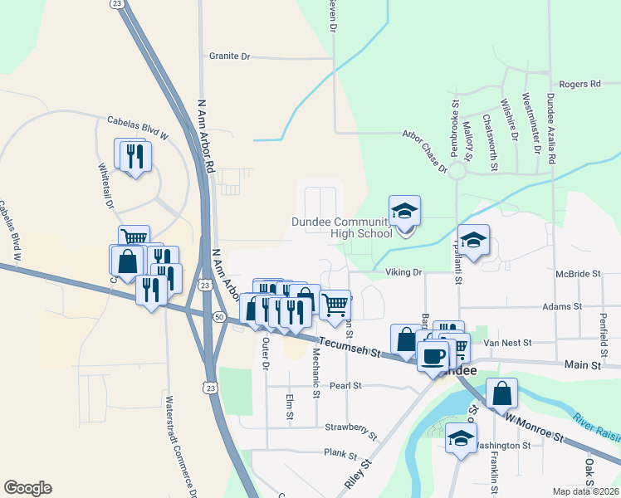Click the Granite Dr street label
coord(229,56)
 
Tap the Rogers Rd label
coord(579,84)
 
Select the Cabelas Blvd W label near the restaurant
coord(138,127)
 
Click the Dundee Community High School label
coord(341,227)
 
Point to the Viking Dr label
coord(403,271)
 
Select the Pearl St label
coord(345,386)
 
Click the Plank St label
coord(340,456)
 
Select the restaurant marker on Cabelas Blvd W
coord(134,155)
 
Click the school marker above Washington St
coord(461,437)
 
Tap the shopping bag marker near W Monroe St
coord(502,393)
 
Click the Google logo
coord(27,488)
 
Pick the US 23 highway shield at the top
coord(117,4)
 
